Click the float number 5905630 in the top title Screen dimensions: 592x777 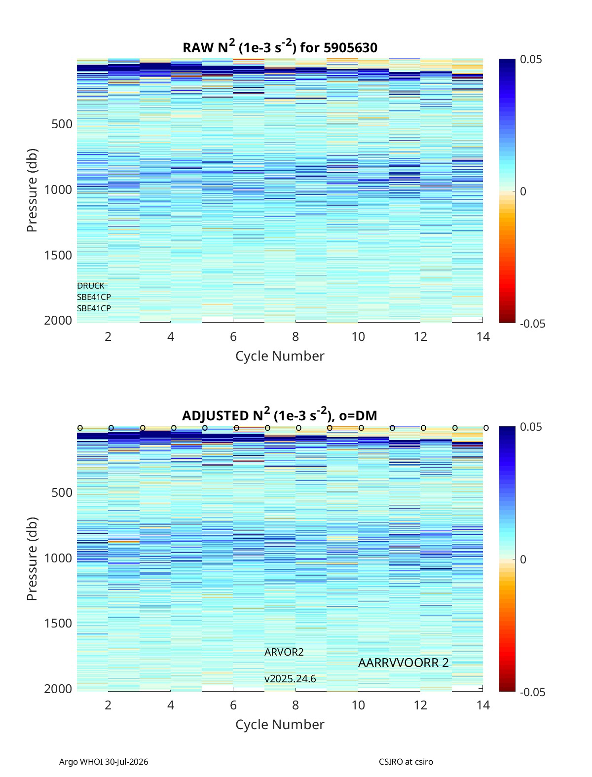tap(350, 47)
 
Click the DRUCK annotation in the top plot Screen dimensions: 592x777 tap(91, 286)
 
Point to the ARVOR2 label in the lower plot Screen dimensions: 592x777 tap(284, 652)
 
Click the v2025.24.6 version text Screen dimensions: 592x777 tap(290, 679)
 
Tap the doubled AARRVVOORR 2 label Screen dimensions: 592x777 tap(403, 663)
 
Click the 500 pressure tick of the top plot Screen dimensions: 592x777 tap(62, 124)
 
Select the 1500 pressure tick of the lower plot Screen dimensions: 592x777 tap(58, 623)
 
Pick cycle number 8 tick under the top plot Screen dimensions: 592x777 tap(296, 336)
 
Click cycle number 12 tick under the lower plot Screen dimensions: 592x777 tap(420, 705)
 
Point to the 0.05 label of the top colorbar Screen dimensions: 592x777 tap(531, 60)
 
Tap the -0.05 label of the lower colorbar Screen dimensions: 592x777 tap(532, 692)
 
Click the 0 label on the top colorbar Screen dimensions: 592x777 tap(523, 191)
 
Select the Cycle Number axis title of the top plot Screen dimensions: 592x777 tap(280, 356)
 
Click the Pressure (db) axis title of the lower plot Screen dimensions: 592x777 tap(32, 558)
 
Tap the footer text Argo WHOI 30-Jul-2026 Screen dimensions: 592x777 tap(103, 762)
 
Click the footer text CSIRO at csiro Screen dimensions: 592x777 tap(406, 762)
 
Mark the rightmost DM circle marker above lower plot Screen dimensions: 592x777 tap(486, 428)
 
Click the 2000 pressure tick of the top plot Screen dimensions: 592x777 tap(58, 320)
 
